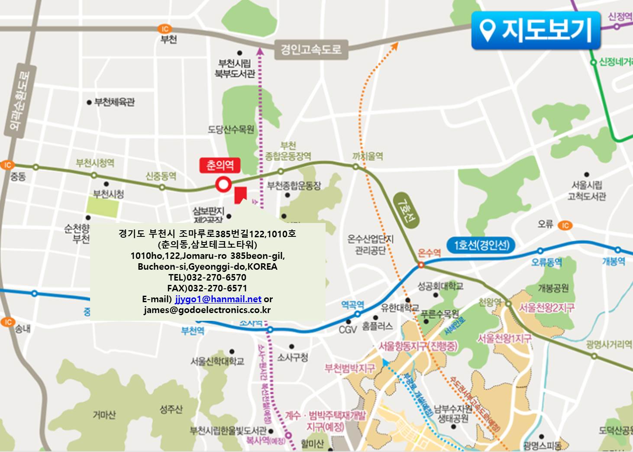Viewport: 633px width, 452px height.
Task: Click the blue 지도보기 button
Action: pos(536,30)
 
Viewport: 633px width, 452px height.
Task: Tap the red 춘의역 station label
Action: pos(220,165)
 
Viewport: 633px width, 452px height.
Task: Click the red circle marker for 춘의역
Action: pos(223,185)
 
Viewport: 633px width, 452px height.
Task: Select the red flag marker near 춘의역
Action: pos(240,194)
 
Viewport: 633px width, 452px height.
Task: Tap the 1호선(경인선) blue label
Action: pos(481,245)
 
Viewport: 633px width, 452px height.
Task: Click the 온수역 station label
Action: pos(429,252)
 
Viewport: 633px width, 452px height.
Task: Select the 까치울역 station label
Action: pos(368,156)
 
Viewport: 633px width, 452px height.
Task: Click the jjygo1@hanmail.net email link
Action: pos(218,299)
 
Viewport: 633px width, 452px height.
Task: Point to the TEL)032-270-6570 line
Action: pos(207,278)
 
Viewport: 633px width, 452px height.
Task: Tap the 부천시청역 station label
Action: pos(95,163)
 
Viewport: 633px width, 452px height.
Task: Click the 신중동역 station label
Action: pos(161,176)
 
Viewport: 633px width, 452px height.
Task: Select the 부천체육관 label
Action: pos(114,102)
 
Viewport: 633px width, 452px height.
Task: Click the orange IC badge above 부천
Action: pos(165,29)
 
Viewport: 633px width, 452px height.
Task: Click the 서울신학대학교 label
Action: pos(217,361)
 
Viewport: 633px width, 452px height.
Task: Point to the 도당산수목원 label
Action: pos(231,129)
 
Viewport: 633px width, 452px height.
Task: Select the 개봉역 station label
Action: pos(614,262)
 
